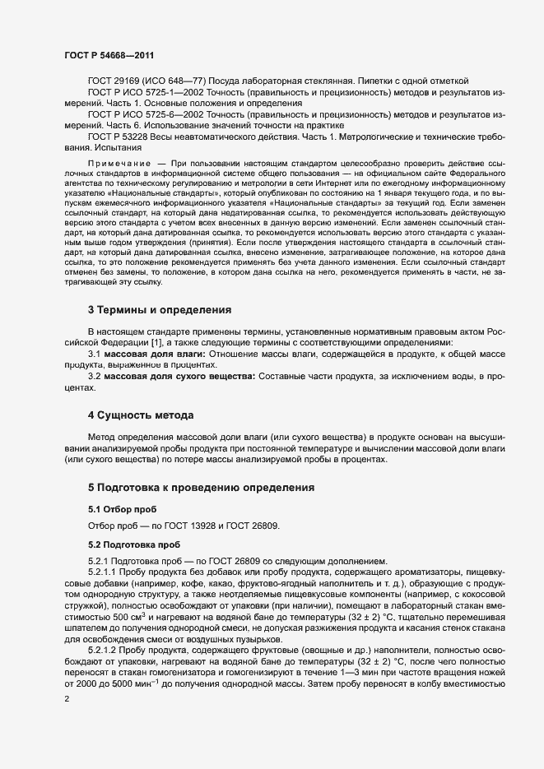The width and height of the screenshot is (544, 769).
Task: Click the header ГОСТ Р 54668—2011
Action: coord(109,54)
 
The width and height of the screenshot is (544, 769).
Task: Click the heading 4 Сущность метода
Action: coord(140,414)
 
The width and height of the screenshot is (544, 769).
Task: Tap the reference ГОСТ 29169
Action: coord(116,81)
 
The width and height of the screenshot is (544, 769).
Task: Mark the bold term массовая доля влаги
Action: coord(155,353)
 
